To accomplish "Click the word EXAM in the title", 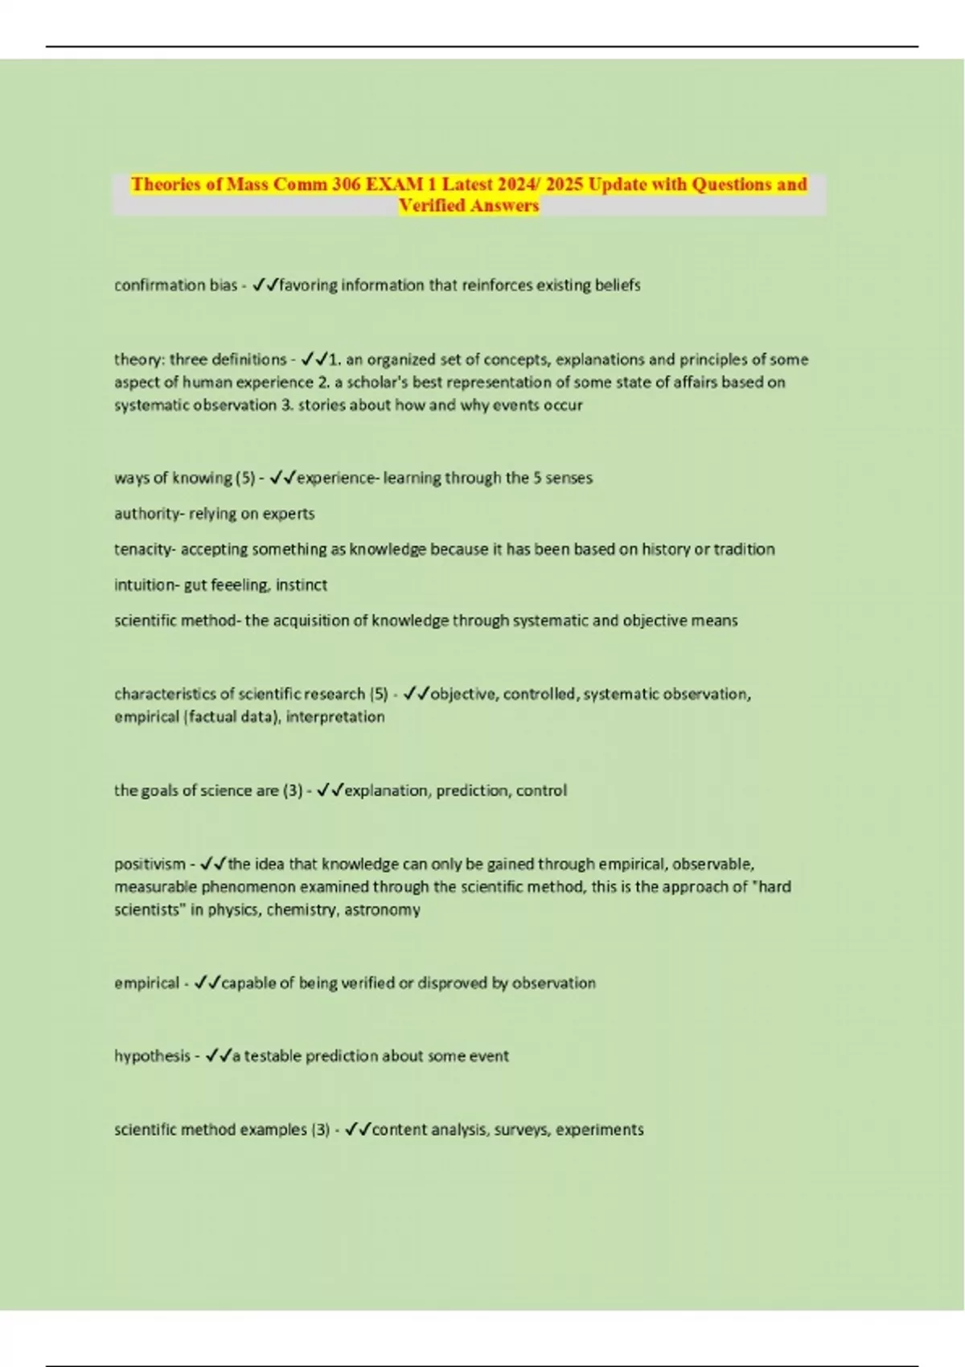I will tap(394, 184).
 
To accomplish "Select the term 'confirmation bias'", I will tap(175, 285).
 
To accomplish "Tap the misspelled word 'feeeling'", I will tap(240, 585).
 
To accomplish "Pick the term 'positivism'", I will tap(150, 864).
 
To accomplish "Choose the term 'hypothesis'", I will tap(152, 1056).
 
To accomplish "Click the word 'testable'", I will tap(271, 1056).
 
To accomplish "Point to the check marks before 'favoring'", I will tap(265, 285).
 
